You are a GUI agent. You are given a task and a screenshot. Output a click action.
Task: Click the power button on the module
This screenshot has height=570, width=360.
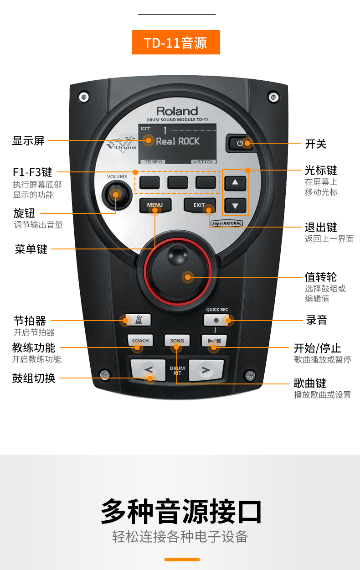tap(240, 143)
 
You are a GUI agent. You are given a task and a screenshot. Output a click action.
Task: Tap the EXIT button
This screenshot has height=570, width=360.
tap(200, 205)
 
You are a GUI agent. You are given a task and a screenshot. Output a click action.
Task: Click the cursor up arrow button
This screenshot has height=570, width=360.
tap(235, 183)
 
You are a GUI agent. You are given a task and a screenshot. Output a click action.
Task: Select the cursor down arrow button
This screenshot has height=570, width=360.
tap(235, 206)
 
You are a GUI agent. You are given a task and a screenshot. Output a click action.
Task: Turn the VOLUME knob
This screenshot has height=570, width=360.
tap(115, 195)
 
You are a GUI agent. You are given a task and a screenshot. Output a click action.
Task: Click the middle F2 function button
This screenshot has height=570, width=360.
tap(177, 182)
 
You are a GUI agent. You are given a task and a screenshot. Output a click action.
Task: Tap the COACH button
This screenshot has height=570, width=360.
tap(140, 341)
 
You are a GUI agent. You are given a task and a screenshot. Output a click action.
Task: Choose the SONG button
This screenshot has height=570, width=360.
tap(177, 341)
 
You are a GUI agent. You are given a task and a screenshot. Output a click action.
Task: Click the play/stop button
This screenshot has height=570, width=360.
tap(214, 341)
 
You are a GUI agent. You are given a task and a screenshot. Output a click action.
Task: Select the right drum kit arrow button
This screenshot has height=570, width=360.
tap(206, 369)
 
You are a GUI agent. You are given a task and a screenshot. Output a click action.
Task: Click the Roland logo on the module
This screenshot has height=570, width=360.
tap(177, 111)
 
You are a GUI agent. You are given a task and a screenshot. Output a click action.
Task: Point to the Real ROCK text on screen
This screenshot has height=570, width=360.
tap(178, 141)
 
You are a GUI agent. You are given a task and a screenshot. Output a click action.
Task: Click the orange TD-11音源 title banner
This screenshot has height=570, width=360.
tap(176, 42)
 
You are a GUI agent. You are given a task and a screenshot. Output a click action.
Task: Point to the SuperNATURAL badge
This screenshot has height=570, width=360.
tap(227, 223)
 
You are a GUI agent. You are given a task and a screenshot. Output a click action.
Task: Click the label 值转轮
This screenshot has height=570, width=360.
tap(321, 277)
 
